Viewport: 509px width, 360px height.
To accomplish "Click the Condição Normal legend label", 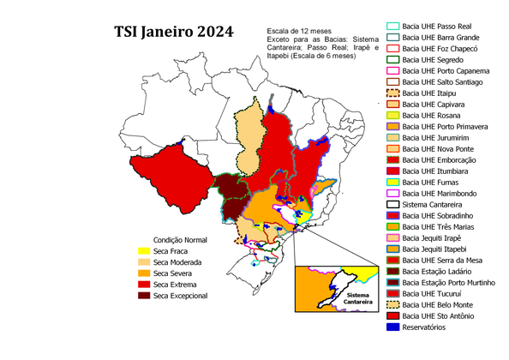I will coord(180,240).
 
